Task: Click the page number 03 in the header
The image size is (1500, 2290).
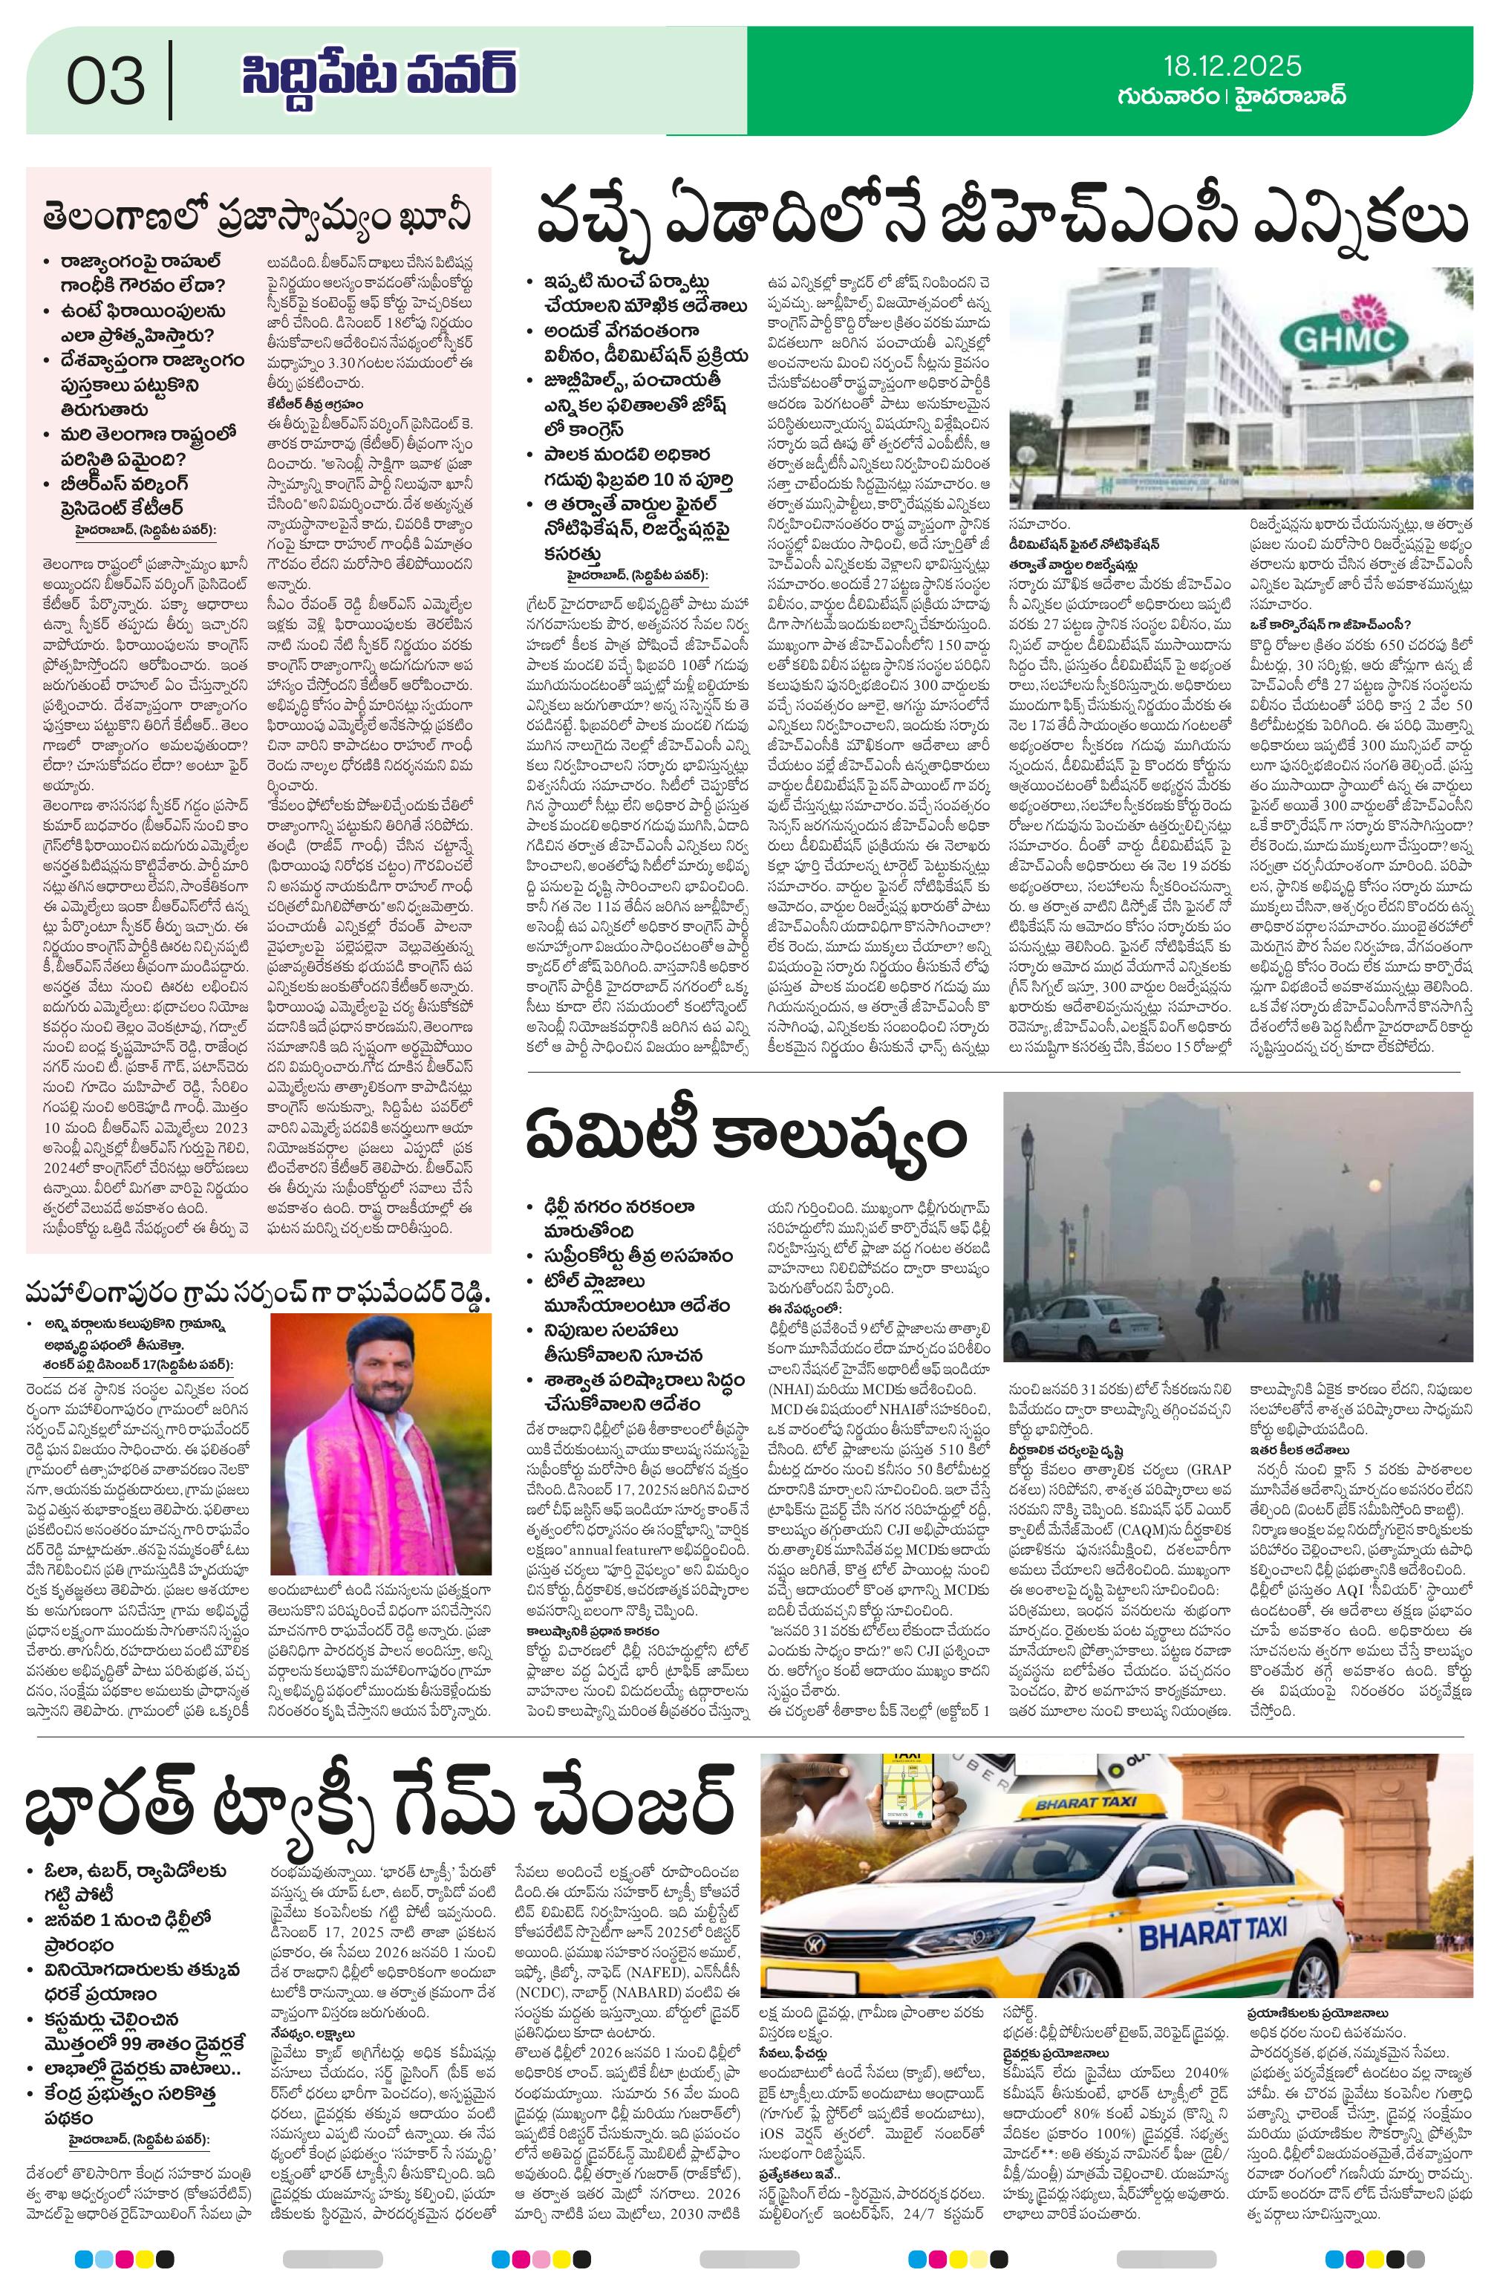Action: point(106,81)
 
